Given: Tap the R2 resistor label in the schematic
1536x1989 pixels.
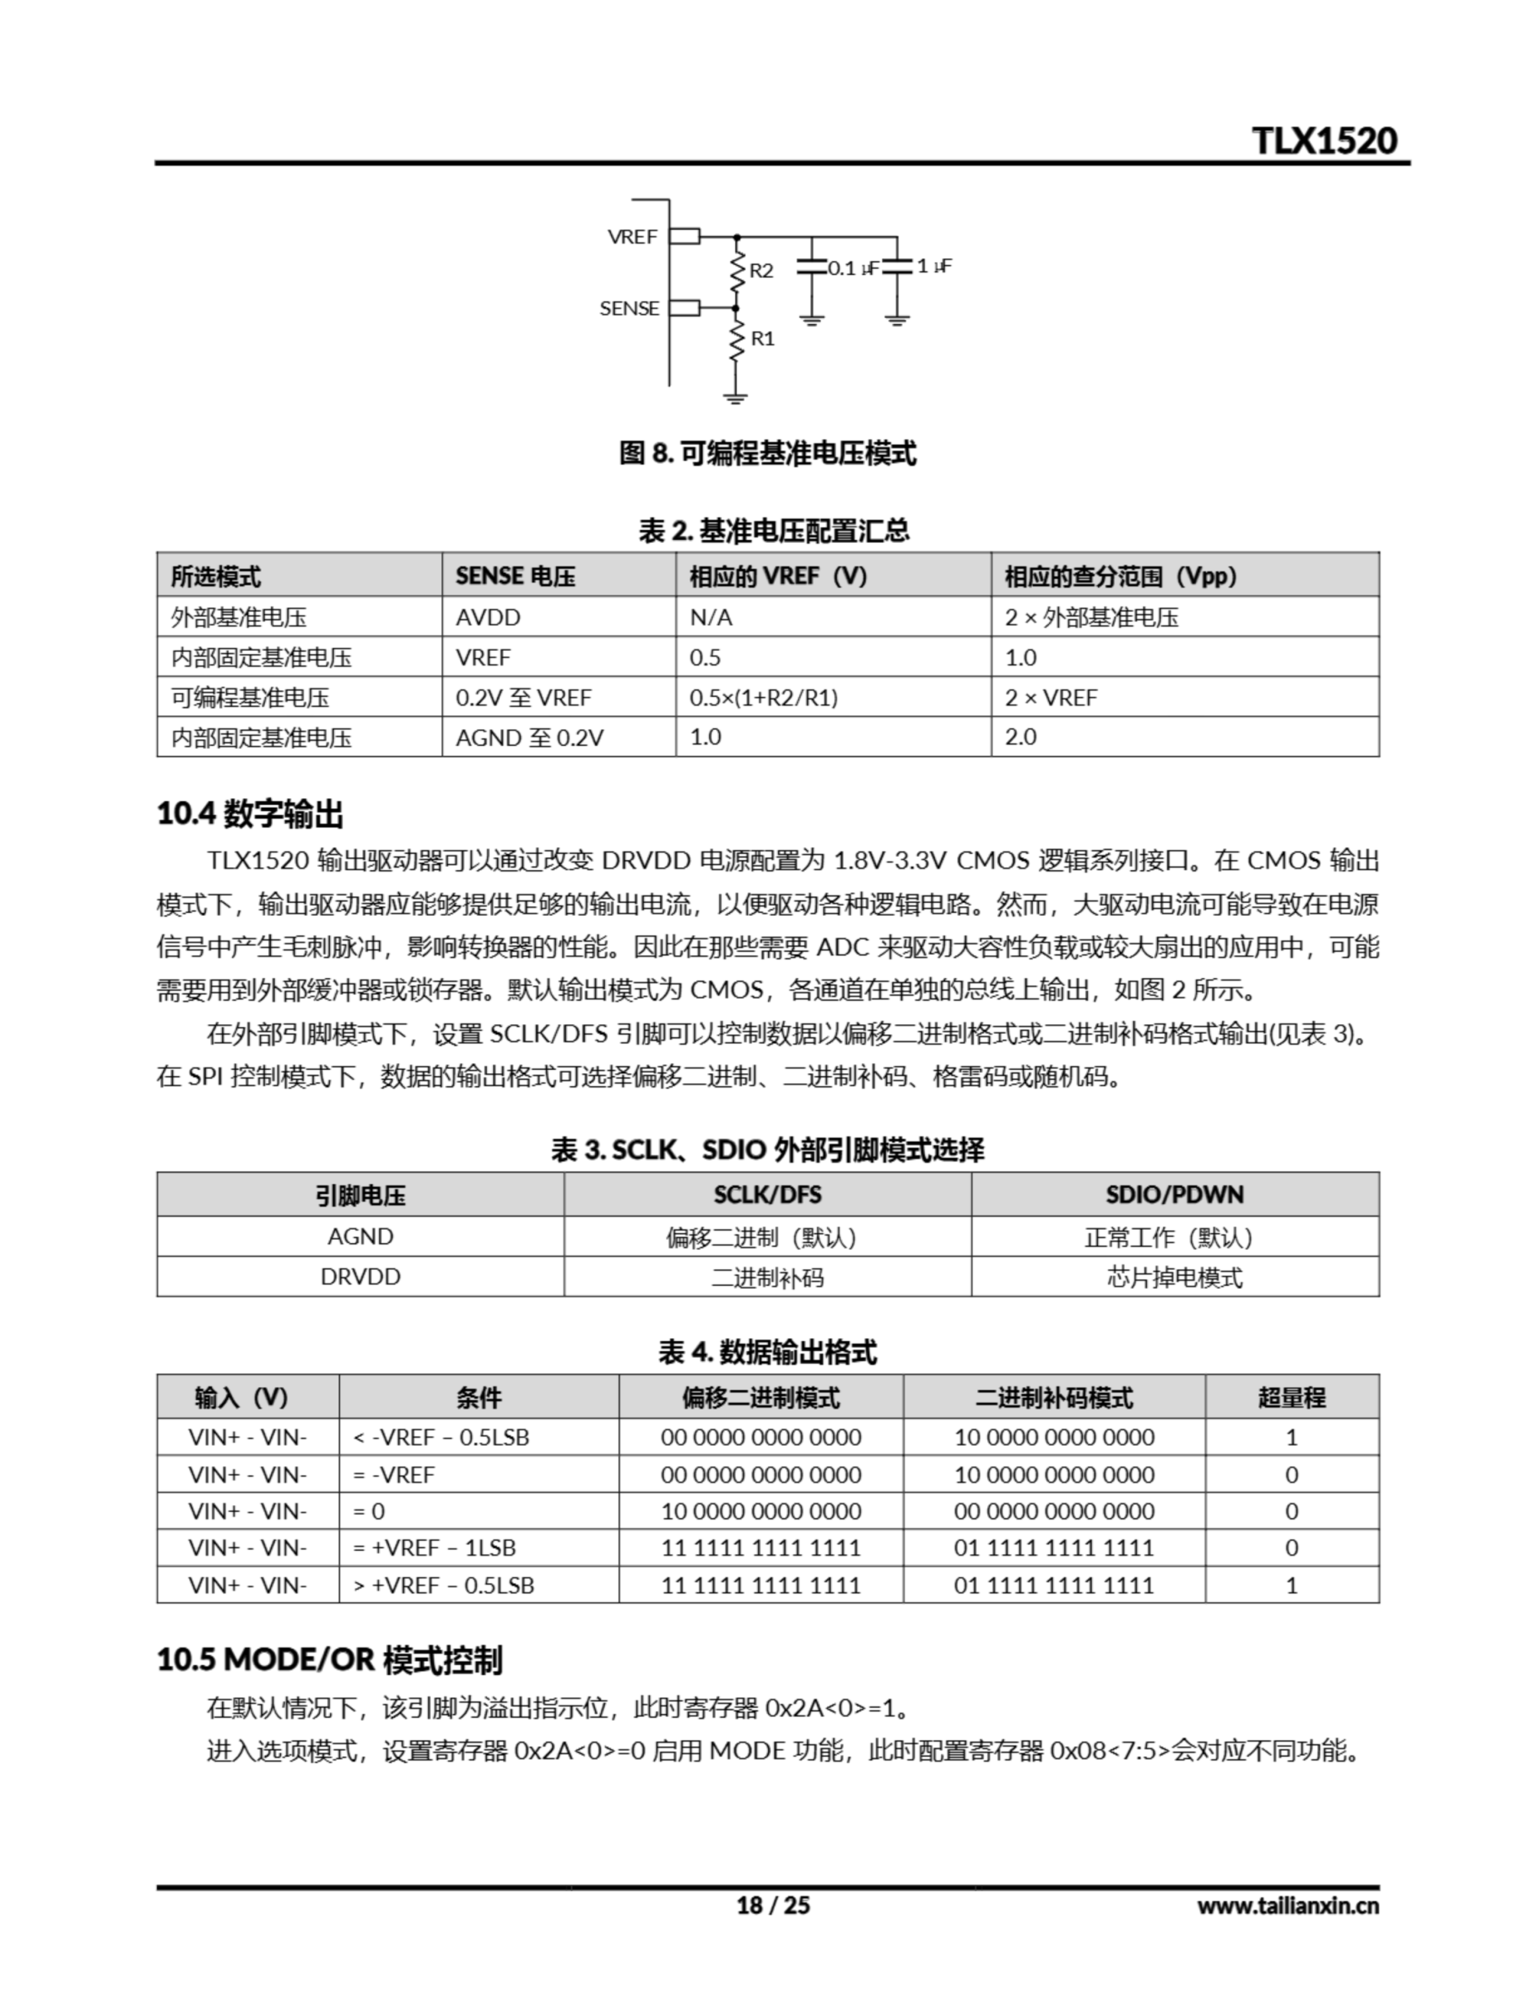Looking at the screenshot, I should pos(761,270).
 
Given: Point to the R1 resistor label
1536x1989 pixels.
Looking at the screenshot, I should pos(762,339).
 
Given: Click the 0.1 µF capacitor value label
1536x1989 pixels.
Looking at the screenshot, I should pos(852,268).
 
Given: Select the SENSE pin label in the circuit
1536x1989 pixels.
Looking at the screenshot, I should pos(629,308).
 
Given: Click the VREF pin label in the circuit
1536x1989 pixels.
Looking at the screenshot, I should pos(632,237).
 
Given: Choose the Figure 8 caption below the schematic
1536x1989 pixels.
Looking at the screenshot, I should pos(766,453).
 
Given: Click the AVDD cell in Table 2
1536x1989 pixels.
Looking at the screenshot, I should pos(488,618).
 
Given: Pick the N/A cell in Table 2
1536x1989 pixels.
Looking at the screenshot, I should pos(711,618).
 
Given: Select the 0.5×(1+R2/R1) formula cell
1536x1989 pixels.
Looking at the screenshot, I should pos(763,698).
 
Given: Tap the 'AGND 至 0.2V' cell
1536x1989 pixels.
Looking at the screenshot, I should pos(529,737).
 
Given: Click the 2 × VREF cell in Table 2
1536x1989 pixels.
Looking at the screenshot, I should pos(1051,698).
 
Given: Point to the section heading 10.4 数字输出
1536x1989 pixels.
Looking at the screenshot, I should pos(249,813).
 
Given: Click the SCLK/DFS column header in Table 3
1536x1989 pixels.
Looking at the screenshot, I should pos(766,1194).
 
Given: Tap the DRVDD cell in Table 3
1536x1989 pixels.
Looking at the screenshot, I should pos(360,1276).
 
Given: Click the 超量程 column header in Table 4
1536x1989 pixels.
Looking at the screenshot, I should pos(1291,1397).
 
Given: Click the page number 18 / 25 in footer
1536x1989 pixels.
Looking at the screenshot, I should pos(772,1905).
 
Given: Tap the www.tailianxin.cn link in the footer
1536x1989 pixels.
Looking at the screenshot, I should pos(1288,1905).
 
